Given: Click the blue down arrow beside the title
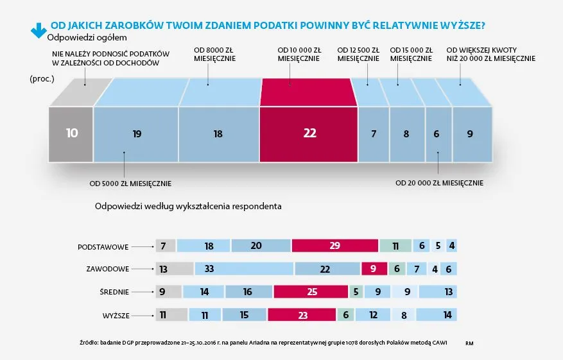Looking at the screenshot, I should click(35, 28).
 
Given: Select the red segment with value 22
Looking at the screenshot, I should click(309, 133).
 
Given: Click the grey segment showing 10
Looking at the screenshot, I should click(71, 133).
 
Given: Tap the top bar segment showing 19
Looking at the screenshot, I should click(136, 133).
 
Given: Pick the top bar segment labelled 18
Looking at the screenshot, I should click(218, 133).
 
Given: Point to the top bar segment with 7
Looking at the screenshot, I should click(373, 133).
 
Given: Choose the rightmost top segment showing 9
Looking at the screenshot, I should click(471, 133).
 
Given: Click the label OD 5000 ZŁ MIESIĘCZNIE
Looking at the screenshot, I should click(130, 184).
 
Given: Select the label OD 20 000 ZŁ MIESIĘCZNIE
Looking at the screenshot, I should click(439, 184).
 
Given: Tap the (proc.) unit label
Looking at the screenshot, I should click(40, 79).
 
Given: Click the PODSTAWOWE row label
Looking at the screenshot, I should click(103, 246).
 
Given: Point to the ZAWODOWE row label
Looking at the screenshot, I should click(107, 270).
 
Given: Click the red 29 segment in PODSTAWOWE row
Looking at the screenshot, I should click(334, 246).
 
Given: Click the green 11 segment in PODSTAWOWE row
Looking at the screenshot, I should click(395, 246).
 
